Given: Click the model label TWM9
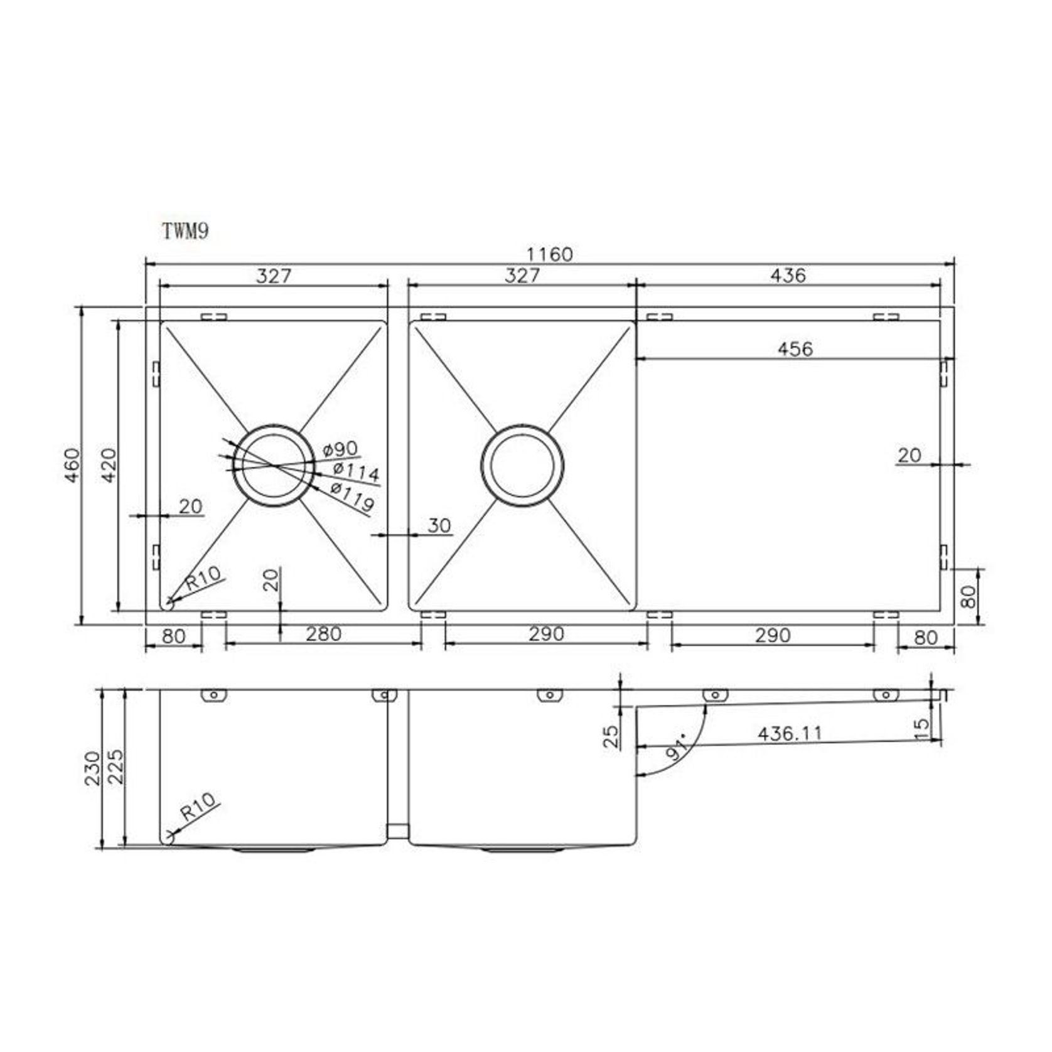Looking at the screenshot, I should (185, 231).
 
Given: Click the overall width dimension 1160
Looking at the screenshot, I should (549, 254).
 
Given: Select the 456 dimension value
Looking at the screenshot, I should (795, 349).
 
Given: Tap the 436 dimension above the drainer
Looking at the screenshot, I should (788, 275).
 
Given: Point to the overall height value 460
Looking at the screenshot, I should (73, 465).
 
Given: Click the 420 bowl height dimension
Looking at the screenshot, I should (109, 465).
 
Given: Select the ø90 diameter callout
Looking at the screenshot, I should (340, 449).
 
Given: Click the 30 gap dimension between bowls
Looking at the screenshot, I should (439, 525).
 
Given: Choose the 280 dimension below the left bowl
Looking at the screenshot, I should (323, 634).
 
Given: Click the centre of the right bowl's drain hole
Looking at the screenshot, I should (522, 466).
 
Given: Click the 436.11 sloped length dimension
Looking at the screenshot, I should (789, 733).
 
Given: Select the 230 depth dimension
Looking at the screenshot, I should (93, 768).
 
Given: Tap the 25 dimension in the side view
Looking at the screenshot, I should (610, 736).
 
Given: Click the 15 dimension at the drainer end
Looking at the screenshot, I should (921, 728).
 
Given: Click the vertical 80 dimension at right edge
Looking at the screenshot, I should (969, 596).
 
